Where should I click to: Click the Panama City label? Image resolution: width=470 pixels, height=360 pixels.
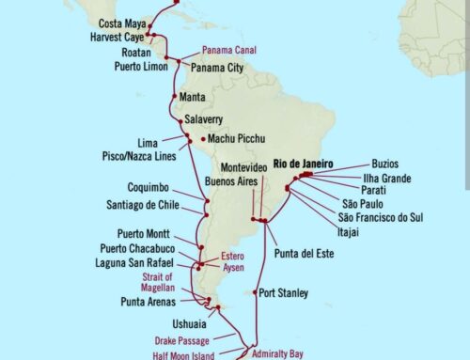point(222,67)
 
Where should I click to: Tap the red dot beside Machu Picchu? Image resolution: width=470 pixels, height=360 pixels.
point(199,140)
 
